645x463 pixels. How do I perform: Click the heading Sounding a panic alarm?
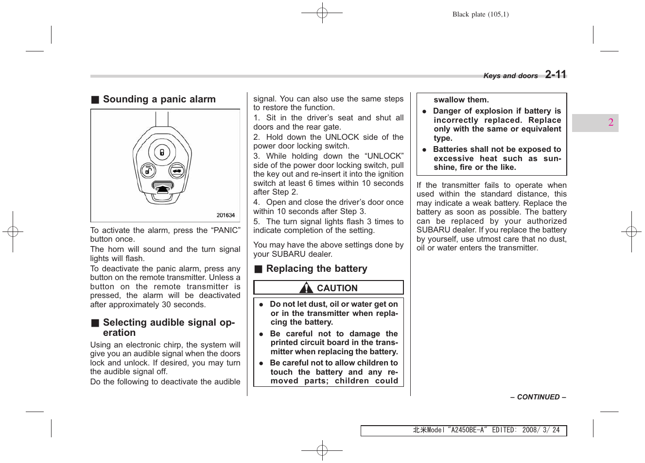(159, 99)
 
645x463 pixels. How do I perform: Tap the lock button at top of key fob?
(162, 152)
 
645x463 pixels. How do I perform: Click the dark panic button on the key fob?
(163, 186)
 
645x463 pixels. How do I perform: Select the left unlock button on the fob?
(148, 171)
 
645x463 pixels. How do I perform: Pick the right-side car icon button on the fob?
(176, 171)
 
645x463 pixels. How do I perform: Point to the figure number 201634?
(226, 215)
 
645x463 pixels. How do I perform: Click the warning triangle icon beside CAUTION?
(306, 288)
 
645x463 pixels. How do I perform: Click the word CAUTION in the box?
(337, 288)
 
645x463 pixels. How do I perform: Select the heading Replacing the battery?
(316, 269)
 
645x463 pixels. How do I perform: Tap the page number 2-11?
(556, 74)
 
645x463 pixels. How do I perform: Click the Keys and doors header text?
(510, 76)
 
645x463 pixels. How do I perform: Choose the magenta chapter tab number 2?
(610, 122)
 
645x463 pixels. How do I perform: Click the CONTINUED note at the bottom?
(538, 397)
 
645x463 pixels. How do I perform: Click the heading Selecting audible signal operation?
(169, 328)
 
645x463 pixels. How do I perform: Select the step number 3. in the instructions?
(257, 156)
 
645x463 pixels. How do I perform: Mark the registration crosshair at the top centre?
(322, 13)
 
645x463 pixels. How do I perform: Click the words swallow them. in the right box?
(461, 100)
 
